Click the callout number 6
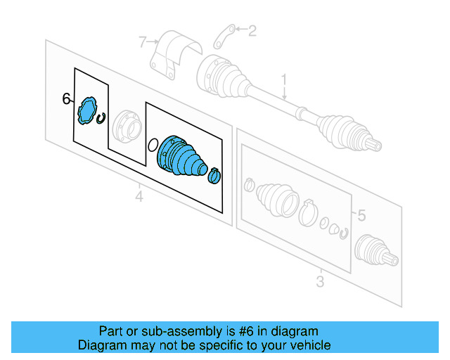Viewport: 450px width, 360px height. (67, 99)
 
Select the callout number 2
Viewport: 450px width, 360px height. (252, 30)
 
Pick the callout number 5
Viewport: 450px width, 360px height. (361, 215)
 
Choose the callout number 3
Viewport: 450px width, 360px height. (320, 282)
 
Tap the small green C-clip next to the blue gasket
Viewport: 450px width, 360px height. (103, 117)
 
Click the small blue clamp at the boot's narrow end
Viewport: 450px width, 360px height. (214, 176)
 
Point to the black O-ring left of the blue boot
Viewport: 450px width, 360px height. (153, 146)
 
